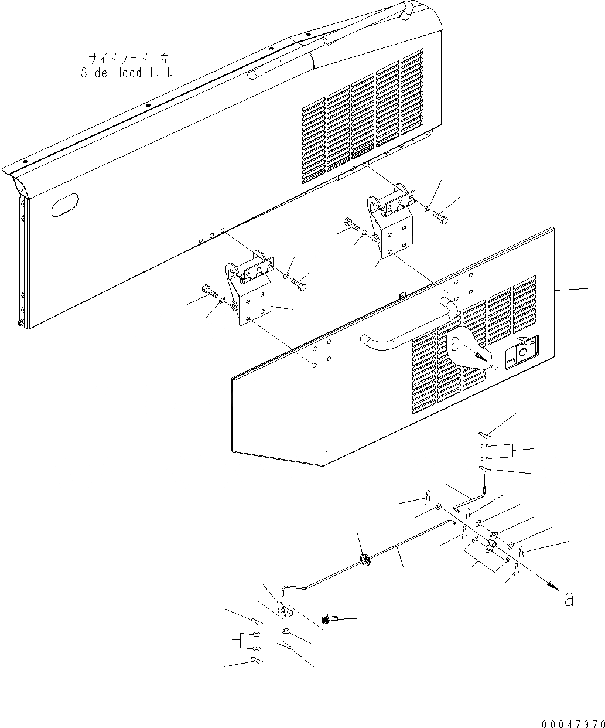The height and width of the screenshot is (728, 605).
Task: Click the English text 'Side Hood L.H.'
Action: click(x=126, y=73)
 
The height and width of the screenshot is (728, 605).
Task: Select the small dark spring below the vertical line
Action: click(x=324, y=619)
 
